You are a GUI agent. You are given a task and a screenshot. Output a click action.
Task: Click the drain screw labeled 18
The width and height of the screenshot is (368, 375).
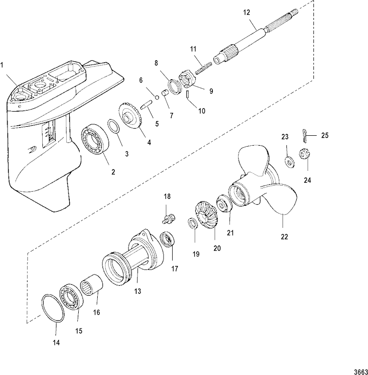coord(167,218)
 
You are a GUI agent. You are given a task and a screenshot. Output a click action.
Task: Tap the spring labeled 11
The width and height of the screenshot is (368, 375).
coord(202,63)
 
